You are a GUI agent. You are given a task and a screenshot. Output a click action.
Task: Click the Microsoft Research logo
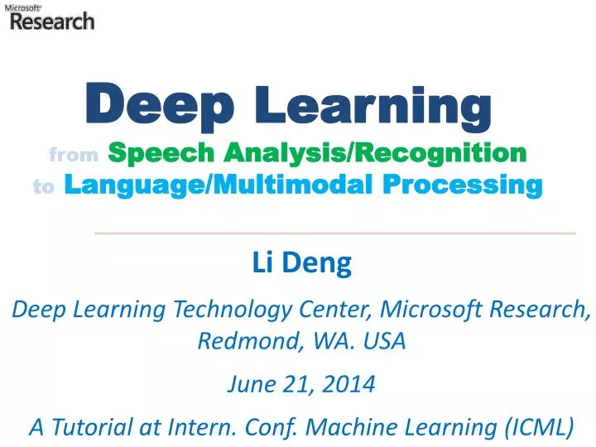(x=50, y=17)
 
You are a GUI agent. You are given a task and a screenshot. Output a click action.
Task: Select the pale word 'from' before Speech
(x=74, y=154)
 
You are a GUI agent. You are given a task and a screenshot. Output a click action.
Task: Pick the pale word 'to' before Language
(x=43, y=187)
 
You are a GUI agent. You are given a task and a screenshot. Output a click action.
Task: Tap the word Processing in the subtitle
(x=473, y=186)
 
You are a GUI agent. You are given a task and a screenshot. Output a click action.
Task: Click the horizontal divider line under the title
(x=335, y=233)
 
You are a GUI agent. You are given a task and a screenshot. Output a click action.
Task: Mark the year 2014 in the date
(x=350, y=385)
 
